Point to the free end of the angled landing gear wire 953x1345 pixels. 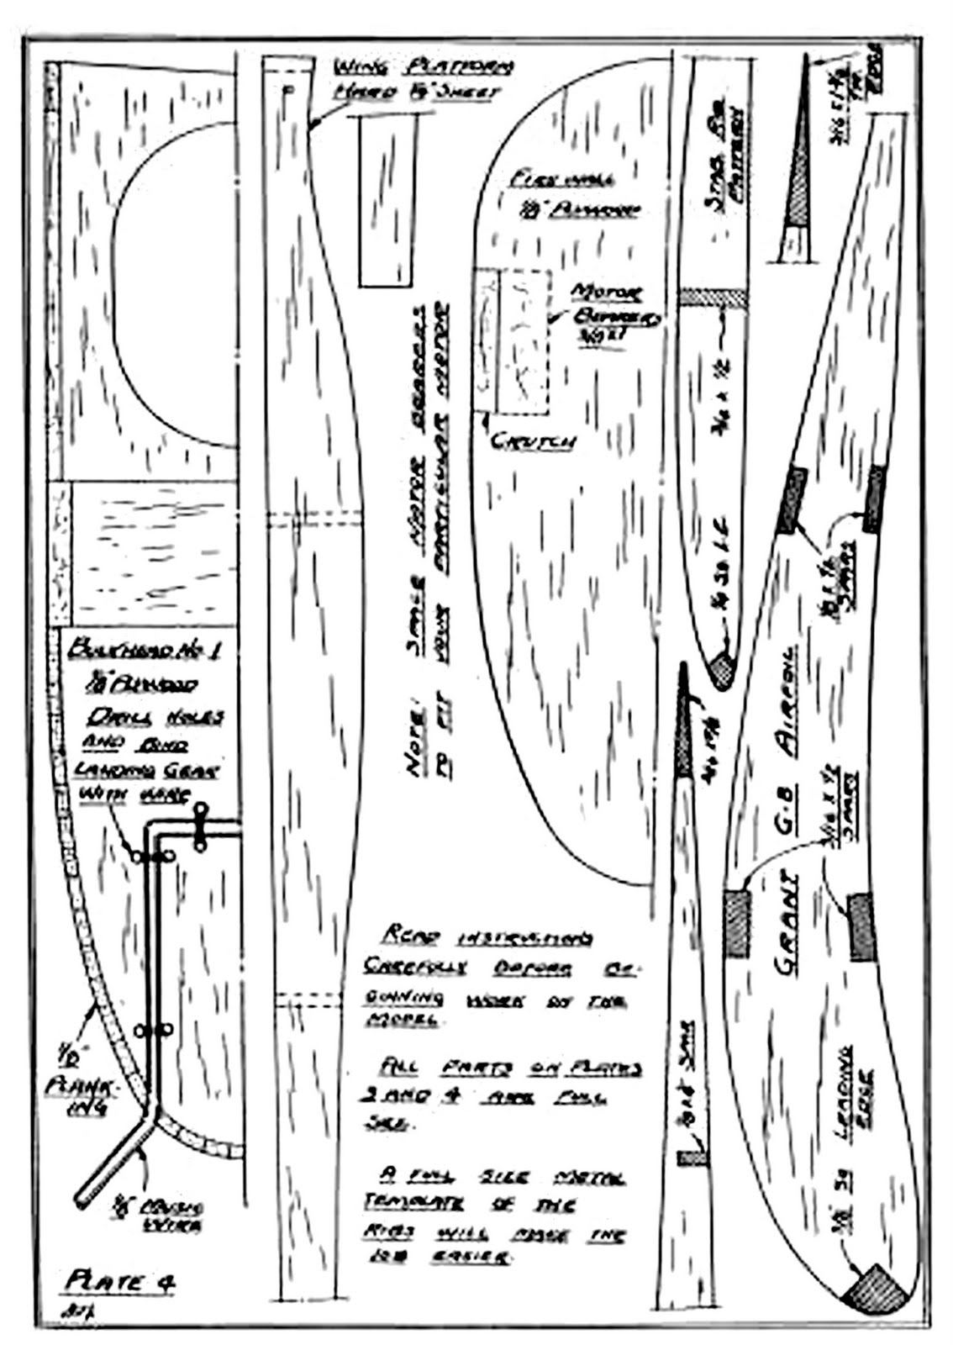click(x=82, y=1200)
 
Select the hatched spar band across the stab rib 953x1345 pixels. click(x=713, y=298)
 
